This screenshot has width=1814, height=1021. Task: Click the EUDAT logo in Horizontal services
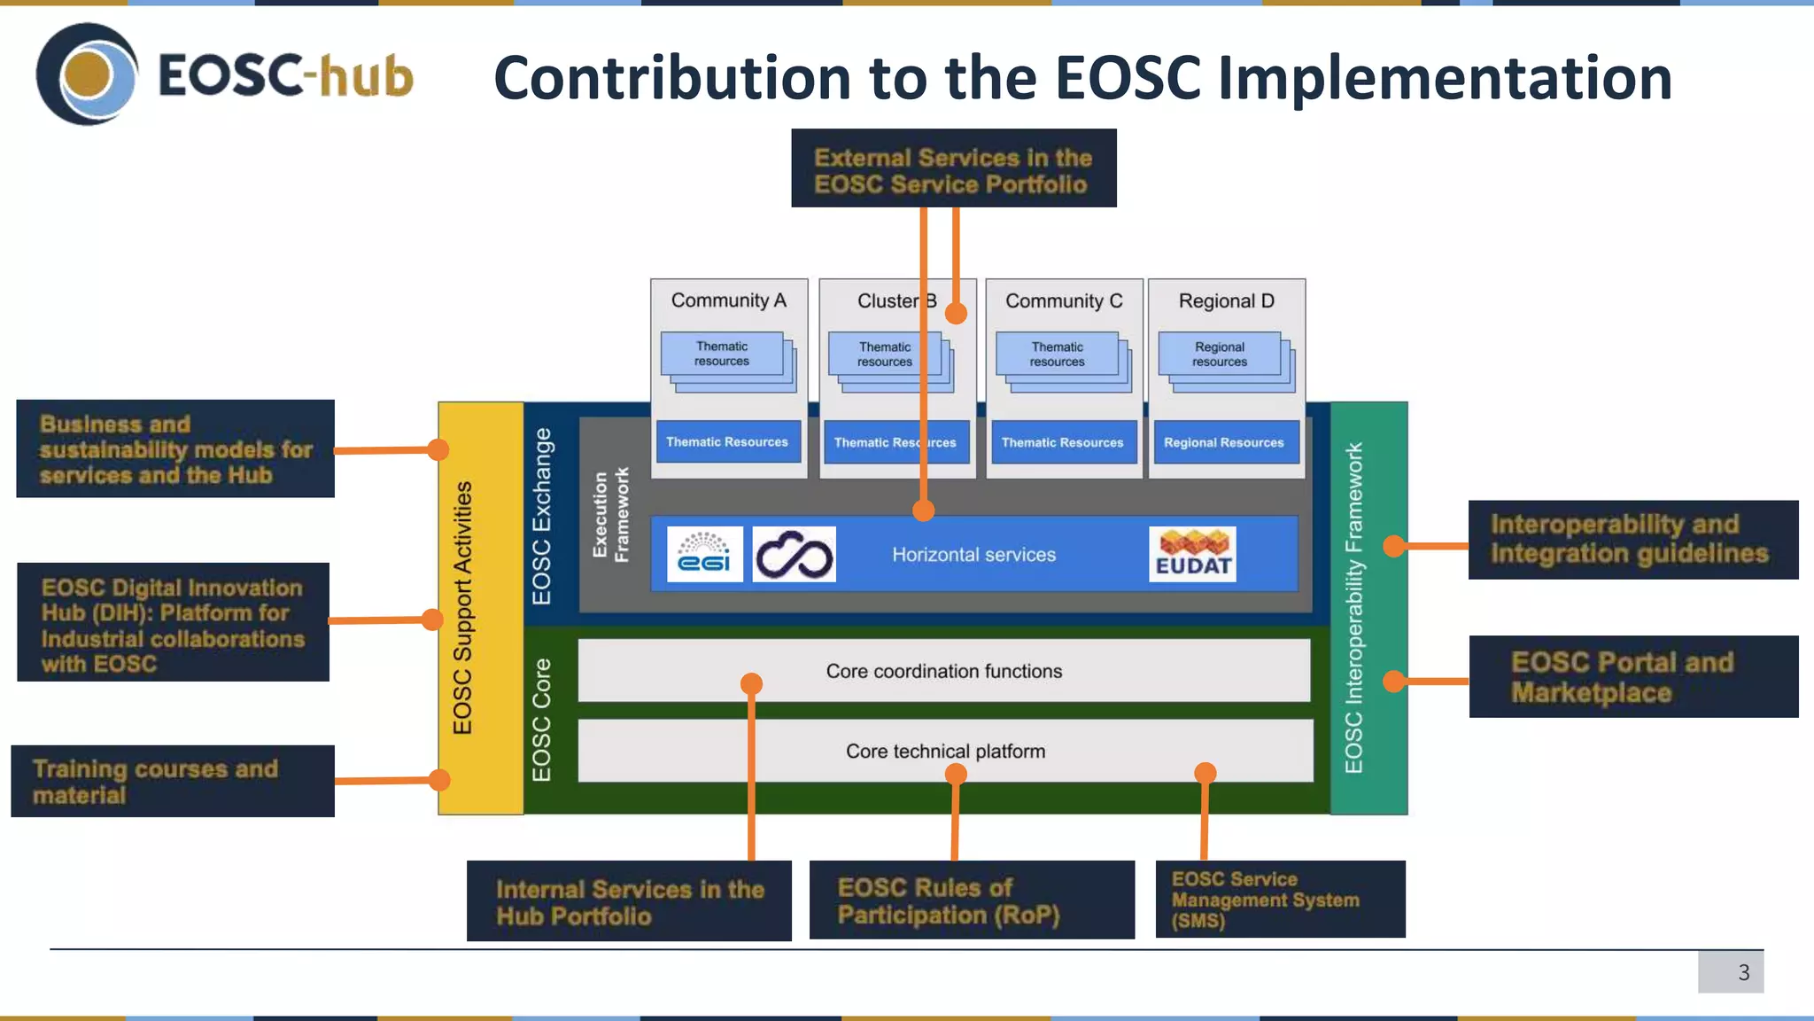click(x=1192, y=555)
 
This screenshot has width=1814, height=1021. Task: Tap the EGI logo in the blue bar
click(x=704, y=555)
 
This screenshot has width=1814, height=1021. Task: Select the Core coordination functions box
click(x=943, y=671)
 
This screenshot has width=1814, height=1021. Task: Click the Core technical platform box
click(x=945, y=751)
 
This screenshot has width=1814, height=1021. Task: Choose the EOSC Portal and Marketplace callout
click(x=1632, y=676)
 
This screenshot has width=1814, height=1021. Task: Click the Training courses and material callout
click(x=173, y=781)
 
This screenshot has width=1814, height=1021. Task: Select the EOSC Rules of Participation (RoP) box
click(x=972, y=900)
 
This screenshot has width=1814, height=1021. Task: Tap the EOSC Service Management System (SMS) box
click(x=1280, y=899)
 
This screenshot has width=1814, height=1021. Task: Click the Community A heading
click(x=728, y=300)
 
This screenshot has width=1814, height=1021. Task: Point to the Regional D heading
click(x=1226, y=301)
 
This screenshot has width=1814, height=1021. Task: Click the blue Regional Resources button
click(x=1224, y=442)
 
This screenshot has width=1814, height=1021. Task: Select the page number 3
click(x=1742, y=972)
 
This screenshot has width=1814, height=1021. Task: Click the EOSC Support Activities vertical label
click(x=462, y=608)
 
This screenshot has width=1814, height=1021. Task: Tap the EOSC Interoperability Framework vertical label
click(x=1353, y=608)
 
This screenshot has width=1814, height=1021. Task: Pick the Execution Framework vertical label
click(x=610, y=515)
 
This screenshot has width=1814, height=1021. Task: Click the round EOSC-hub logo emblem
click(x=87, y=74)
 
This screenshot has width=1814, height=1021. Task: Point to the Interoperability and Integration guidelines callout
click(x=1632, y=540)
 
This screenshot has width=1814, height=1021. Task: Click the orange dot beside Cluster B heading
click(x=956, y=313)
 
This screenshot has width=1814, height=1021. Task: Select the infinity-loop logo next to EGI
click(x=794, y=555)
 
